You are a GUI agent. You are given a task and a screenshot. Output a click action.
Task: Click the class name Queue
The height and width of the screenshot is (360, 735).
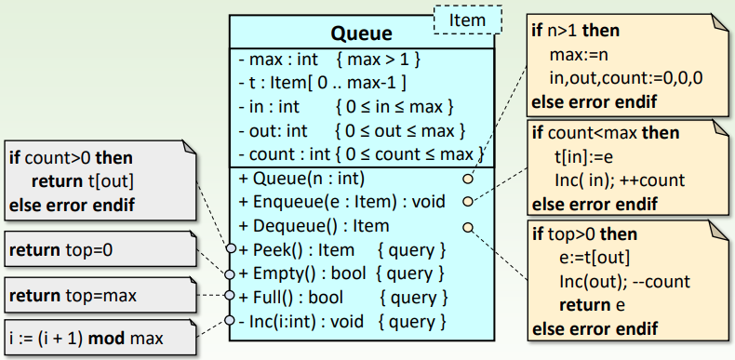pyautogui.click(x=361, y=35)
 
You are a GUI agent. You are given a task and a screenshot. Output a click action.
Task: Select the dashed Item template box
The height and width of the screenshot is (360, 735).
pyautogui.click(x=467, y=20)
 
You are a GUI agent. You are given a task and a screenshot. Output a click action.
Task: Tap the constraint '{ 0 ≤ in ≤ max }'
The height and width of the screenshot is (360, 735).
pyautogui.click(x=394, y=106)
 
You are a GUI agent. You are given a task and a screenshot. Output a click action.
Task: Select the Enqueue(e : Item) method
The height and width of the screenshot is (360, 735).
pyautogui.click(x=342, y=201)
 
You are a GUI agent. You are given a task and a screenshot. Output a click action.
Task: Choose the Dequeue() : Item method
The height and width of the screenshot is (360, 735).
pyautogui.click(x=314, y=225)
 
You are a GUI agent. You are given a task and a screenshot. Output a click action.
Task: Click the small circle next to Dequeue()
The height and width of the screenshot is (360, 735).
pyautogui.click(x=467, y=225)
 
